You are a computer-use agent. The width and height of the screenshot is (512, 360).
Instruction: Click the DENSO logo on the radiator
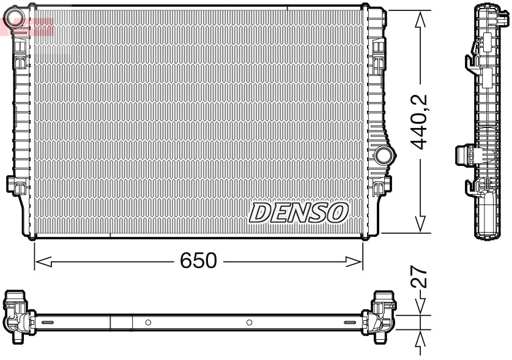(x=299, y=212)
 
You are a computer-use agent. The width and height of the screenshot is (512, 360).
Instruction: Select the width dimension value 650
(x=198, y=261)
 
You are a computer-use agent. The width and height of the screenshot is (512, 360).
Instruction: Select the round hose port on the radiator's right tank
(x=384, y=155)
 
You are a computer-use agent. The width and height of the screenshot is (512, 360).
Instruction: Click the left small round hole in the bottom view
(x=148, y=322)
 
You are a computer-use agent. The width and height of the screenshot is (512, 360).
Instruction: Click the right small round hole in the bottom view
(x=249, y=322)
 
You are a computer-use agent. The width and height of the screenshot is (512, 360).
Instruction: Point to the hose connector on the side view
(x=466, y=154)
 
